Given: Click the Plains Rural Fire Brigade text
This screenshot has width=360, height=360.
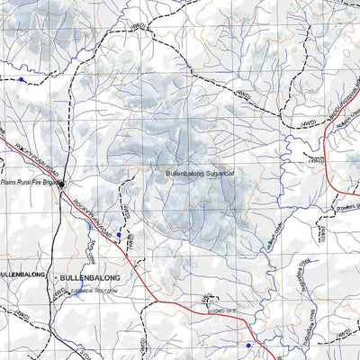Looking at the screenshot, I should coord(28,181).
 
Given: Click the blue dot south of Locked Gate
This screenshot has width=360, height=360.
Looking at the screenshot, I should coord(248,346).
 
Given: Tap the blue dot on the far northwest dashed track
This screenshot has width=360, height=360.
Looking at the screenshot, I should coord(21,79).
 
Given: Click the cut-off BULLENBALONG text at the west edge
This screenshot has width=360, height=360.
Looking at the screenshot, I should coord(16,271).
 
